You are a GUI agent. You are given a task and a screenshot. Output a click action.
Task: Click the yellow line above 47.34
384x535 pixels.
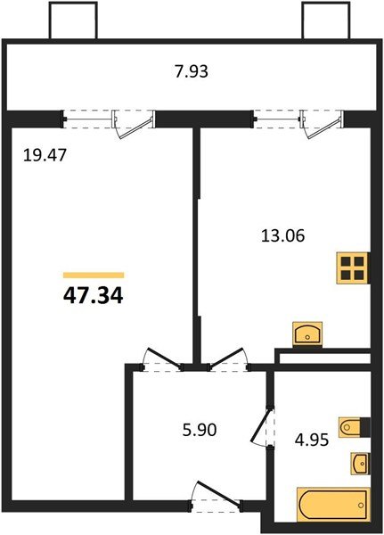(x=94, y=276)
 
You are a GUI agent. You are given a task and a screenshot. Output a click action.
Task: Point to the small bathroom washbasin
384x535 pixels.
(x=358, y=464)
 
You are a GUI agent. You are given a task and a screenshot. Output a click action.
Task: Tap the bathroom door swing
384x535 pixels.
(x=261, y=426)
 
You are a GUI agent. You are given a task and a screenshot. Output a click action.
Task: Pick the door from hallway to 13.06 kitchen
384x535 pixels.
(x=227, y=358)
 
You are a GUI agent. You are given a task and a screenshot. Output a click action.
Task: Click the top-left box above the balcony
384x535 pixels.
(x=70, y=20)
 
